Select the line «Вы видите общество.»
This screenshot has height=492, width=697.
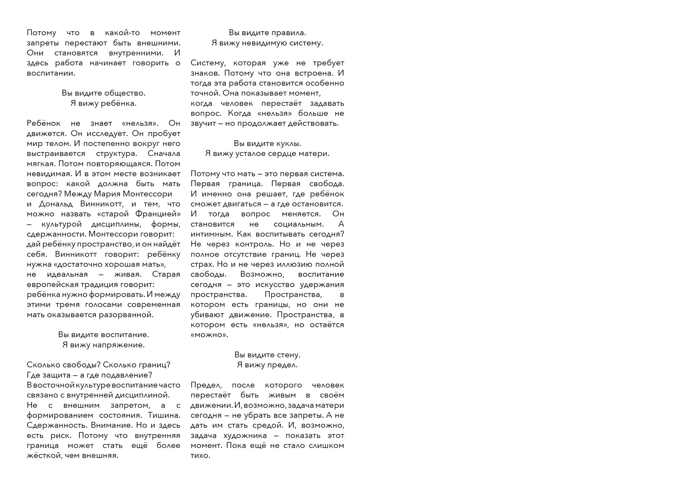103,93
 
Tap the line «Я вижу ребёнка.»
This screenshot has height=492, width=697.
103,103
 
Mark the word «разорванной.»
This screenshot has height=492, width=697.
126,314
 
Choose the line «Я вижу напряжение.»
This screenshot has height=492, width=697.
103,345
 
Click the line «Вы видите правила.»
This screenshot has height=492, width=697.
267,33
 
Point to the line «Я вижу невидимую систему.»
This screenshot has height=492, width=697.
267,43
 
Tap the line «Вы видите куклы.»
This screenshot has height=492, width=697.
267,143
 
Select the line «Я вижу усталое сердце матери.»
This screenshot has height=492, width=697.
267,154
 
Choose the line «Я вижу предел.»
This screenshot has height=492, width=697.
267,365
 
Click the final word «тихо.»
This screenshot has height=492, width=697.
200,456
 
